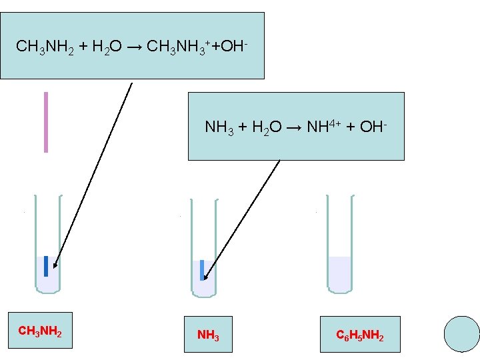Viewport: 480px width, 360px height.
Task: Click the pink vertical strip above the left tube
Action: [46, 122]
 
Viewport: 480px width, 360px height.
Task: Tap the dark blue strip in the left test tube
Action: [46, 265]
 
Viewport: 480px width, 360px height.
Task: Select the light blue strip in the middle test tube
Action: [201, 269]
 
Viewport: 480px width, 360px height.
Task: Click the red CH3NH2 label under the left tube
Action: [40, 331]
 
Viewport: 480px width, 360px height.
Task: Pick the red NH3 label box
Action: [209, 334]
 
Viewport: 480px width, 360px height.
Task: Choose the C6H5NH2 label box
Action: [360, 334]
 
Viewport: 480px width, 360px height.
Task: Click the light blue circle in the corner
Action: [461, 333]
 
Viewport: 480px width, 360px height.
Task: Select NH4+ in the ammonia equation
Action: [319, 126]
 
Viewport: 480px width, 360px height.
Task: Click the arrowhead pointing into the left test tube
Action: [55, 265]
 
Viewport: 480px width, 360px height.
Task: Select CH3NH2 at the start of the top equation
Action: [41, 47]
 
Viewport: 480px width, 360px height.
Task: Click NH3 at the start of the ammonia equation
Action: [219, 127]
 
